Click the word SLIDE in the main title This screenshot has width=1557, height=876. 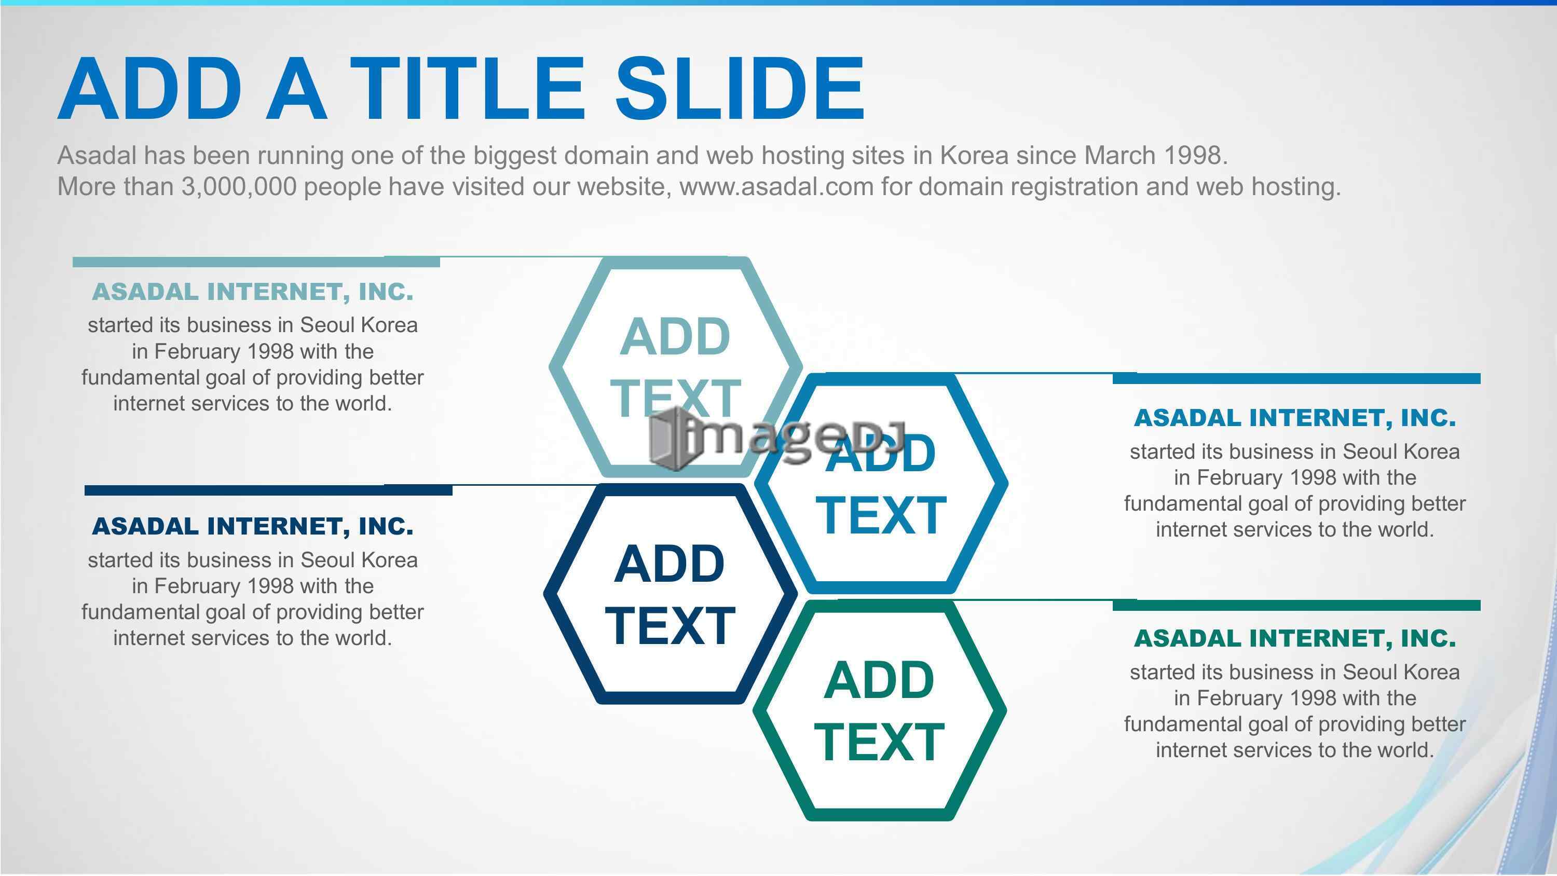[x=740, y=88]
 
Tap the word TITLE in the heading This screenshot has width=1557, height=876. [x=467, y=88]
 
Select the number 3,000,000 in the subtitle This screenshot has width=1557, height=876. [x=239, y=186]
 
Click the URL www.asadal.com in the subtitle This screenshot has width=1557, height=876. [x=777, y=186]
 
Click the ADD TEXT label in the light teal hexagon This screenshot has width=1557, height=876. [x=676, y=366]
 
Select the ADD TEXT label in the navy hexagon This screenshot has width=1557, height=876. [x=670, y=594]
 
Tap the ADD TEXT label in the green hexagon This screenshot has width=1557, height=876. [x=879, y=710]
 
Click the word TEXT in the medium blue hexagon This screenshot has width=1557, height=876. [x=881, y=515]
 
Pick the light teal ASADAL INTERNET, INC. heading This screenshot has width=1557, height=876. [x=253, y=292]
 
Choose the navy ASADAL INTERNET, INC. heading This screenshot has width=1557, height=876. [x=253, y=527]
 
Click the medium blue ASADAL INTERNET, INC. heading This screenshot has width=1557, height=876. [x=1295, y=418]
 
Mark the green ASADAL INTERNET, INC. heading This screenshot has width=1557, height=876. [x=1295, y=638]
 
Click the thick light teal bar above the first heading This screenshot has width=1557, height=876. [x=256, y=262]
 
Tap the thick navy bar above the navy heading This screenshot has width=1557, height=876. [x=268, y=490]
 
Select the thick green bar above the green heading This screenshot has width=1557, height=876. [x=1296, y=605]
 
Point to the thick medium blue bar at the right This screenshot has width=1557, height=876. [x=1296, y=378]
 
